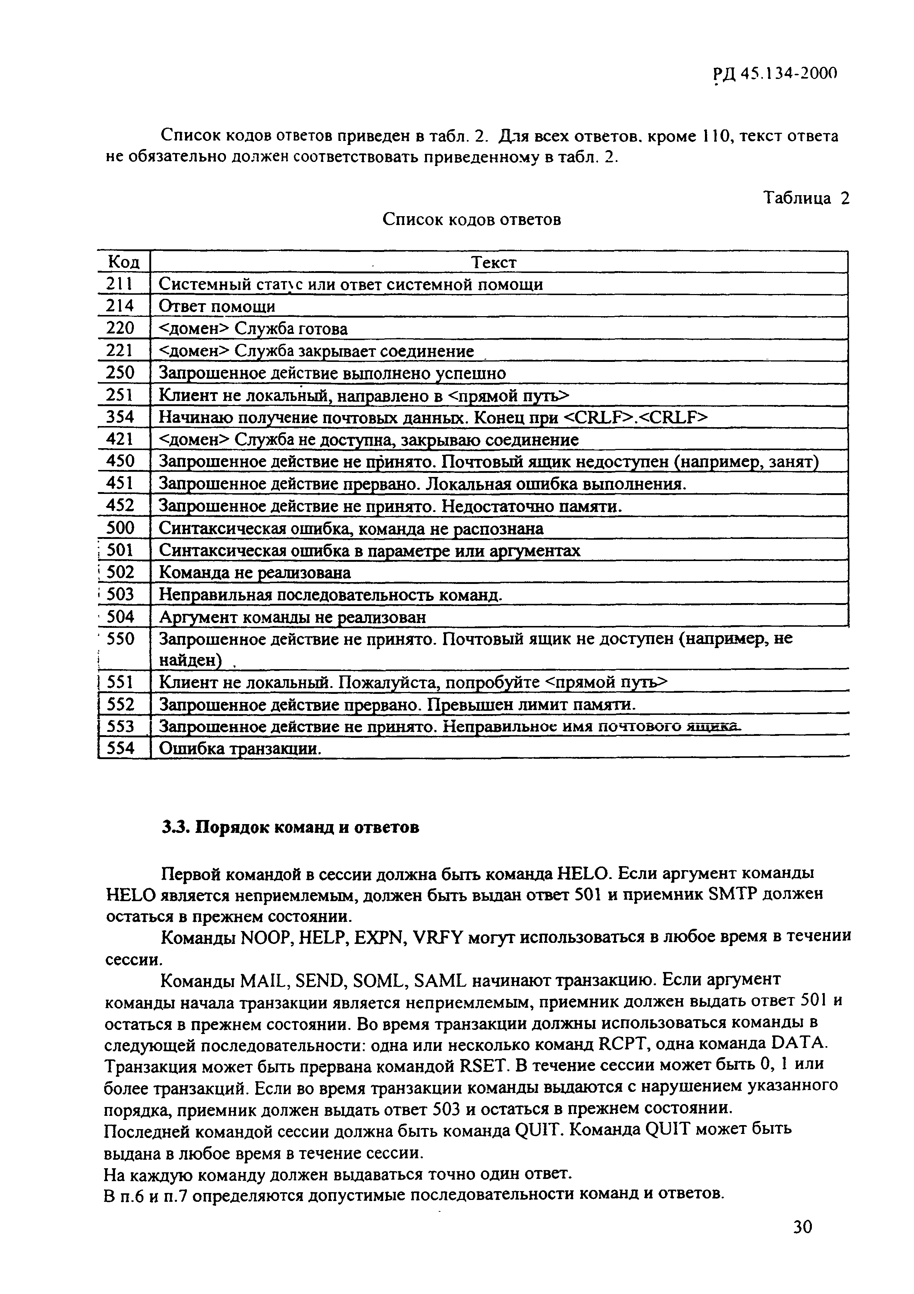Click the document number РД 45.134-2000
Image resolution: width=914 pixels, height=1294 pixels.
point(775,73)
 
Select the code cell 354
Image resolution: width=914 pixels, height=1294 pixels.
point(120,417)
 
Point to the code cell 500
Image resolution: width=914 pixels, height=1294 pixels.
point(120,528)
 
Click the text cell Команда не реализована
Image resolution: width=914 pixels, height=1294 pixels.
point(254,572)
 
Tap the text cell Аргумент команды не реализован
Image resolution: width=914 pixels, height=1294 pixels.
point(292,617)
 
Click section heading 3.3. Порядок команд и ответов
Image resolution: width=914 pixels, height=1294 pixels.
point(290,828)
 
